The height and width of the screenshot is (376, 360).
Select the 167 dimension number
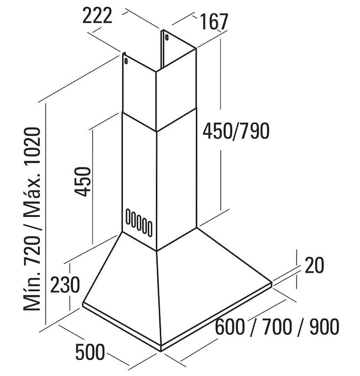(214, 22)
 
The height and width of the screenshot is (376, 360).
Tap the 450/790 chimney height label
(237, 131)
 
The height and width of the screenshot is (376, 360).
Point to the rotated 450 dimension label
(83, 182)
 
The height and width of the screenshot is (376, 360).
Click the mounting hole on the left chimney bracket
(126, 61)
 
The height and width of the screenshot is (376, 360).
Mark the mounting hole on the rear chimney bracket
(166, 37)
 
